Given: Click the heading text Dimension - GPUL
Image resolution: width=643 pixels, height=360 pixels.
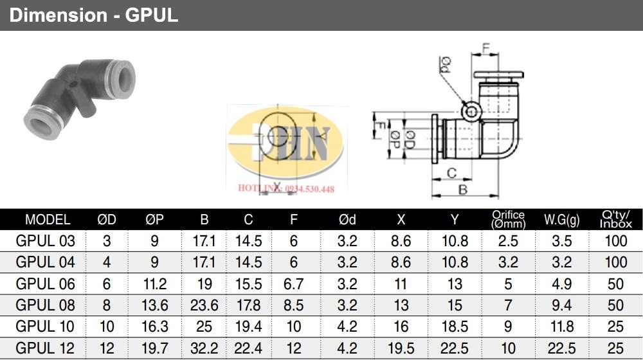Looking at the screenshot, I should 93,15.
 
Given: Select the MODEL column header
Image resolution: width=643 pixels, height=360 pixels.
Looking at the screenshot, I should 48,220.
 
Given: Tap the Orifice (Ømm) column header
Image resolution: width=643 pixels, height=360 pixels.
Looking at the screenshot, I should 508,220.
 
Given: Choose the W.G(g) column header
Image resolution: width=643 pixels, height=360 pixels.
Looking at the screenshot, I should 562,220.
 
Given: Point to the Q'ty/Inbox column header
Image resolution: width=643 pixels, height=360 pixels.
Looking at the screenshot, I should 615,220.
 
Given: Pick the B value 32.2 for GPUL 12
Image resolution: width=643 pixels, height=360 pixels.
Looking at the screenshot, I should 204,348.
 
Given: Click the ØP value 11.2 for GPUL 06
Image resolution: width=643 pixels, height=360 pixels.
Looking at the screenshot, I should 154,283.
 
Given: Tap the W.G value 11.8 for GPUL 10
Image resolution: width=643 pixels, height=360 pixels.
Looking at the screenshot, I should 562,327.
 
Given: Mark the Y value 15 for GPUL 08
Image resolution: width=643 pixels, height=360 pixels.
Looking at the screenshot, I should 455,305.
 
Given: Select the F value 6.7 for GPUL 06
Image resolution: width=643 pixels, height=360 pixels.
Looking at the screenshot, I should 294,283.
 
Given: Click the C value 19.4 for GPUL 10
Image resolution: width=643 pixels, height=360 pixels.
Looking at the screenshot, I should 248,327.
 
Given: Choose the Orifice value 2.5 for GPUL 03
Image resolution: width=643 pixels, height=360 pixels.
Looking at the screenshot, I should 508,241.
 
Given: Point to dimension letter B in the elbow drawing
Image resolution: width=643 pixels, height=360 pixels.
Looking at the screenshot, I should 462,189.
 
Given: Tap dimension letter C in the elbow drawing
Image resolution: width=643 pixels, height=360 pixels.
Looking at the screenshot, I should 451,172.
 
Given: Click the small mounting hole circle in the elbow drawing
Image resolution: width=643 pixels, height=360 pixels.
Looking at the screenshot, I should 473,113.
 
